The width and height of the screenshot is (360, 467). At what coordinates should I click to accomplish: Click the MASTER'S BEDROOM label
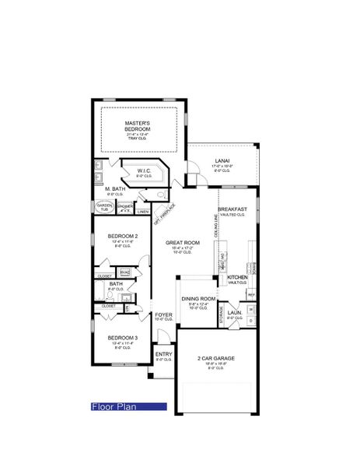(142, 128)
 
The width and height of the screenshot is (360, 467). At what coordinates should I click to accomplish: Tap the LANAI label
(222, 162)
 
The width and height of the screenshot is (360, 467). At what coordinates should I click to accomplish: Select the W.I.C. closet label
(144, 171)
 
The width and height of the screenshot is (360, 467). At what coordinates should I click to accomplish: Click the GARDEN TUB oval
(103, 208)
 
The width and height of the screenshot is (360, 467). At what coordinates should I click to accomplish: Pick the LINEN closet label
(142, 211)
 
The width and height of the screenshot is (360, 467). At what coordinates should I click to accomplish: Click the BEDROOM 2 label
(122, 236)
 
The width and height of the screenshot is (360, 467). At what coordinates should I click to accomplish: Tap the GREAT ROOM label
(183, 244)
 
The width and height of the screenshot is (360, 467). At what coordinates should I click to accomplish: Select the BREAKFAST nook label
(232, 210)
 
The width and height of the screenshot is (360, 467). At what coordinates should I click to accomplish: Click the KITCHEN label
(237, 277)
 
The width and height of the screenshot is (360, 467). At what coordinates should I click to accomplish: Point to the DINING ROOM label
(198, 299)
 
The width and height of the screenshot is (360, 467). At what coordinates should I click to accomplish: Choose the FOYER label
(163, 314)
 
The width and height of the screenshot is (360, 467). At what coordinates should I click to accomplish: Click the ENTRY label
(163, 355)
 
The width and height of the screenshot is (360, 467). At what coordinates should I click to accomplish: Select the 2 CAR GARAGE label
(215, 359)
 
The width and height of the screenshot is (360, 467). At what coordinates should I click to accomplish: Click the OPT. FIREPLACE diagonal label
(165, 211)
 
